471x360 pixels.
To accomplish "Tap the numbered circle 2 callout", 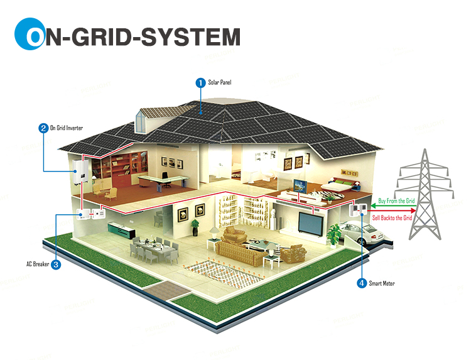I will pyautogui.click(x=43, y=128).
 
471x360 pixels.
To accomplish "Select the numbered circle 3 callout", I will pyautogui.click(x=56, y=265).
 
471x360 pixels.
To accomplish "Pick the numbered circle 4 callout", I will pyautogui.click(x=362, y=283).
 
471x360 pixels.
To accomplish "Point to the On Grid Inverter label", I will pyautogui.click(x=66, y=128).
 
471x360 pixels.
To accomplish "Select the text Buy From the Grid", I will pyautogui.click(x=396, y=201).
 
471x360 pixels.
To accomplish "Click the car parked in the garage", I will pyautogui.click(x=362, y=234).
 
